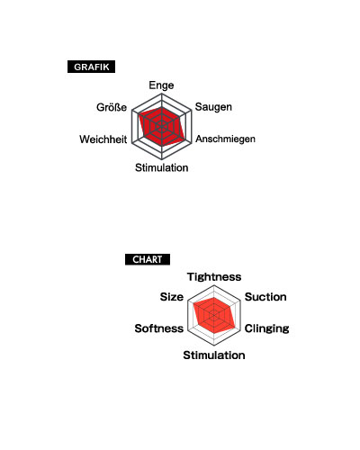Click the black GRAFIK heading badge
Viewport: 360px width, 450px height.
pos(91,67)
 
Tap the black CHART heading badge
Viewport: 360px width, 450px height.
pos(148,259)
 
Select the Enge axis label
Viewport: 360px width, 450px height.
pos(161,85)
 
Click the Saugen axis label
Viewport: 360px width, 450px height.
pos(213,107)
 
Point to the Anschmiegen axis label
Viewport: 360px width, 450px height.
pos(225,139)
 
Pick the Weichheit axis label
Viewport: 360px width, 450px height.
pos(103,139)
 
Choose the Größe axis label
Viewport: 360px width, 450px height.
pos(112,107)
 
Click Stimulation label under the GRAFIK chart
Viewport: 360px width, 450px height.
pos(162,167)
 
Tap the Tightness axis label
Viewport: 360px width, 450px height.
pos(214,276)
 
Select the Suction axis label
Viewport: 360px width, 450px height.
pos(265,297)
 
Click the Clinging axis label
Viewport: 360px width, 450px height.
pos(266,328)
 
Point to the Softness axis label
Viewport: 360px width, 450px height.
pos(159,328)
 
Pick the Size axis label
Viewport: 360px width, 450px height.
pos(172,297)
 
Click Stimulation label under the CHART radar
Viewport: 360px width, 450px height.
pos(214,355)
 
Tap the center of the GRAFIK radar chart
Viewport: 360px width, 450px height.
pos(162,127)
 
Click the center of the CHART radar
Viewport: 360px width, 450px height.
pos(214,315)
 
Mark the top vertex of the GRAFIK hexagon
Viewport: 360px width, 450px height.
pos(162,94)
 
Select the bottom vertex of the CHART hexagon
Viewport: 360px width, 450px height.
pos(214,346)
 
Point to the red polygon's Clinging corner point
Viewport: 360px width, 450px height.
pos(235,327)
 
